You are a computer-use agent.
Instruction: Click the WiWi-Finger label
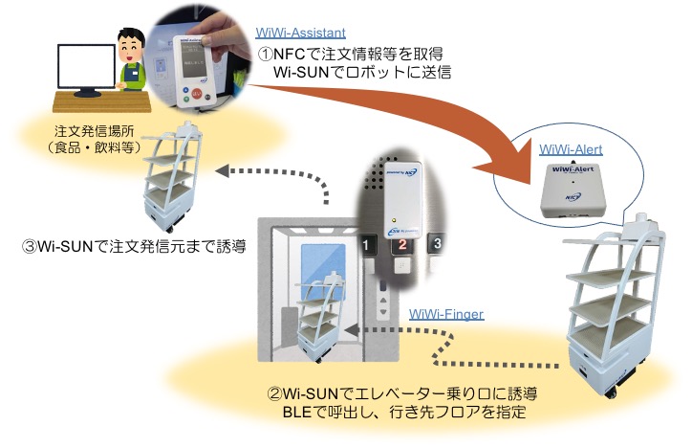[x=445, y=313]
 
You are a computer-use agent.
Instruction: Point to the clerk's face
[x=127, y=43]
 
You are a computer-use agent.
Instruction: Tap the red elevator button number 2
[x=402, y=246]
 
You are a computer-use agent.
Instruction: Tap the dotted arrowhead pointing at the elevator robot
[x=351, y=331]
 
